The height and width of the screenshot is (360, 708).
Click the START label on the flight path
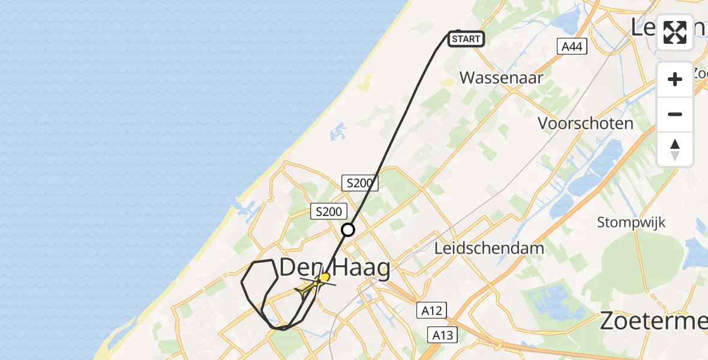[x=466, y=40]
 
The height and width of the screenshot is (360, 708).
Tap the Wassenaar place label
[x=501, y=77]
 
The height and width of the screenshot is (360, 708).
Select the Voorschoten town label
[x=585, y=124]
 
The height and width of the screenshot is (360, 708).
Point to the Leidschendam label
[x=489, y=248]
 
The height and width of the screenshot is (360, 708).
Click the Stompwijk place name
[x=631, y=223]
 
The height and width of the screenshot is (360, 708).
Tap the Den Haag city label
[x=335, y=268]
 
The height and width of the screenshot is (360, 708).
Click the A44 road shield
[x=571, y=47]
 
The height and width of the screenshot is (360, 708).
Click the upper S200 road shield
[x=359, y=183]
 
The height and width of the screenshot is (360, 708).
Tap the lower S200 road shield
[x=328, y=211]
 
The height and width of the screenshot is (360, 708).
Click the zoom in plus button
[x=675, y=79]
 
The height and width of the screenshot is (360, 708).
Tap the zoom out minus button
[x=675, y=114]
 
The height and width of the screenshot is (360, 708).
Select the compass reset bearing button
[x=675, y=149]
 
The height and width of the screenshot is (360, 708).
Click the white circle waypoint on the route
[x=348, y=230]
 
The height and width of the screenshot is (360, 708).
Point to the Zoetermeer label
[x=654, y=322]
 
